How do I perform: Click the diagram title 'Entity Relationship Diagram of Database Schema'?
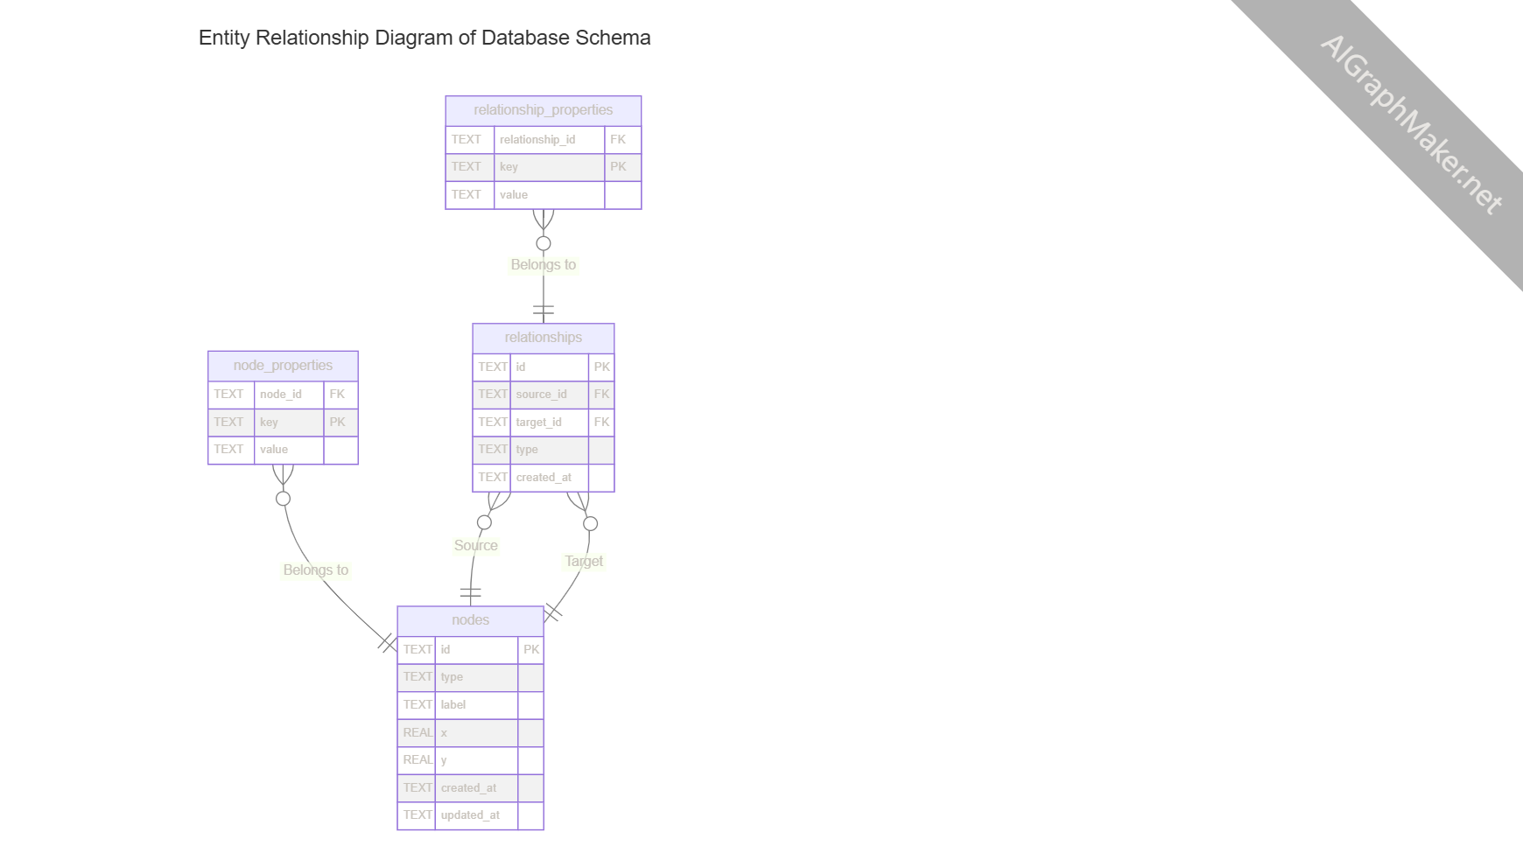425,38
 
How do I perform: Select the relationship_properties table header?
543,110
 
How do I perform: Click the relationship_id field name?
537,139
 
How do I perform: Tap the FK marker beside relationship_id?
618,139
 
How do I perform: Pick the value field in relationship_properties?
514,194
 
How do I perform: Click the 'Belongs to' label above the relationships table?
543,264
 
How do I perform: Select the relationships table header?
543,338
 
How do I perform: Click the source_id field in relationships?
541,395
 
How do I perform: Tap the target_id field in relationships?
538,422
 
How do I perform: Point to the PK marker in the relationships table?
601,367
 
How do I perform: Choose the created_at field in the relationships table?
544,477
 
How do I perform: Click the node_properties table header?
283,366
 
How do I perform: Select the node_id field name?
280,394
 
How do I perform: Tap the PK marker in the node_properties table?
337,422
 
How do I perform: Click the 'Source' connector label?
475,545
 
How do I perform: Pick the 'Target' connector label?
583,561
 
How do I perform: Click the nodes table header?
470,620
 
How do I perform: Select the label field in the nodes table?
453,704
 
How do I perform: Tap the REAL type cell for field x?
418,732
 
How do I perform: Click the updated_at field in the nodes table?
470,815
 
